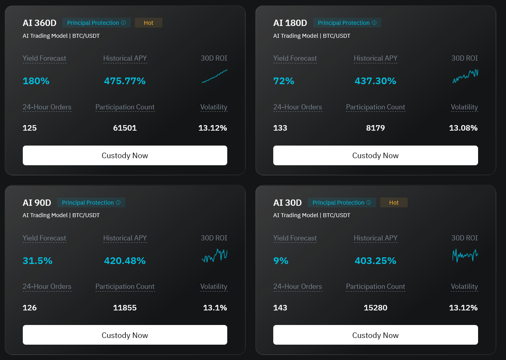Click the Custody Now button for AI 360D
(x=125, y=155)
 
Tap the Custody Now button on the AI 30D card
(x=375, y=335)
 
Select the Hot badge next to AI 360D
(x=148, y=22)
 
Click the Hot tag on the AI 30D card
(x=394, y=203)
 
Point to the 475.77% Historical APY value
(x=125, y=81)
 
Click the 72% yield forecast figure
(x=284, y=81)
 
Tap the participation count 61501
(x=125, y=128)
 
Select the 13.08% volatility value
(x=463, y=128)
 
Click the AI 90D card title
(x=37, y=203)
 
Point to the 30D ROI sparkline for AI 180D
(x=466, y=76)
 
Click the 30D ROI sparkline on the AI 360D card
(x=214, y=76)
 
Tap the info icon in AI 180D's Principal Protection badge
(x=374, y=22)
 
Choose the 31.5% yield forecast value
(x=37, y=260)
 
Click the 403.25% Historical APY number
(x=375, y=260)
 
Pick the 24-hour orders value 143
(x=280, y=308)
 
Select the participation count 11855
(x=125, y=308)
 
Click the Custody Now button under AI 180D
(x=375, y=155)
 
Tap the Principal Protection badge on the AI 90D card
(x=91, y=203)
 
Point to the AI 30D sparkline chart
(x=466, y=256)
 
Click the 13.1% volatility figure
(x=215, y=308)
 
